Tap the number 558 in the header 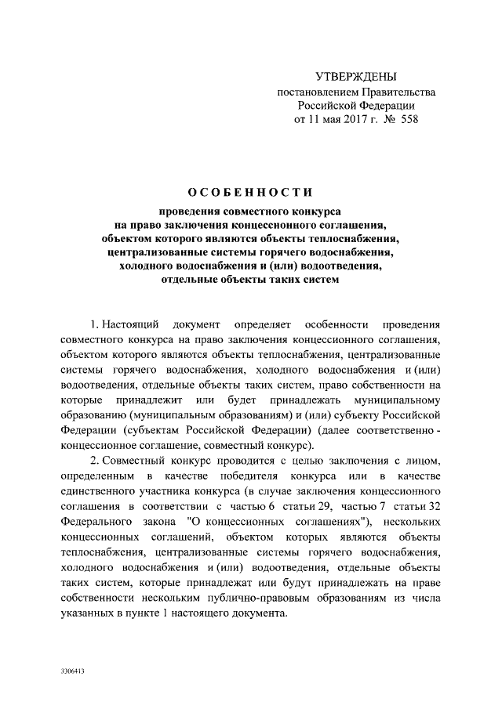coord(409,121)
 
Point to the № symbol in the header coord(388,121)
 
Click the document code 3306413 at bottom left coord(72,672)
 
